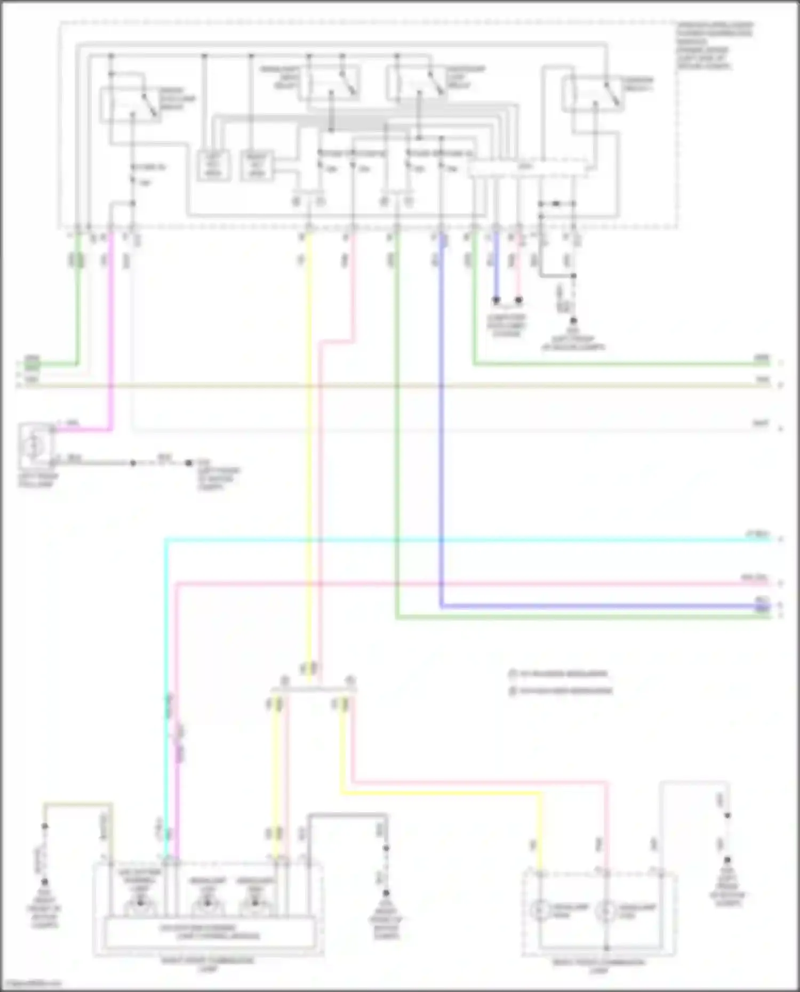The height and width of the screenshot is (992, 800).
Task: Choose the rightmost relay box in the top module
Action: coord(593,94)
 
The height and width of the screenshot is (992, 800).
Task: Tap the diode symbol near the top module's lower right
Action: coord(556,204)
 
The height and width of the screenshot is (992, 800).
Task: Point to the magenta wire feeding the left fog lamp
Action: coord(111,330)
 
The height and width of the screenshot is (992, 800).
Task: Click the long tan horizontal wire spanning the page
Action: coord(395,384)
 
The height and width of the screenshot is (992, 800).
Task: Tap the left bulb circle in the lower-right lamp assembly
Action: coord(540,910)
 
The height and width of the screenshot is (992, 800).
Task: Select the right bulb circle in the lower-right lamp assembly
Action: coord(606,910)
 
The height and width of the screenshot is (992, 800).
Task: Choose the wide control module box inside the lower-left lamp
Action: coord(209,932)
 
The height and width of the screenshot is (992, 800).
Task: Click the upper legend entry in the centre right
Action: coord(558,674)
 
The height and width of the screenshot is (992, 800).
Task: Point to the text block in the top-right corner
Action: coord(715,46)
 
